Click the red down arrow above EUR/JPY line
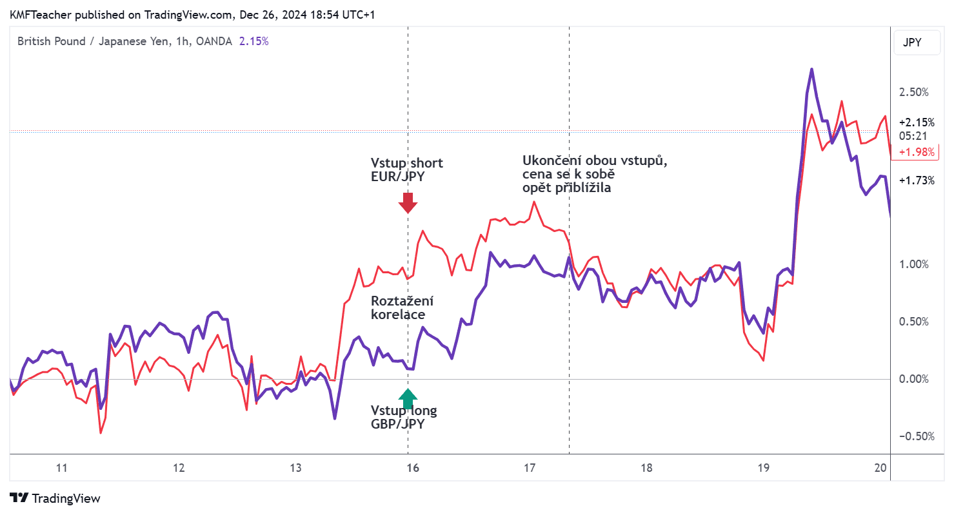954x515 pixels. point(408,204)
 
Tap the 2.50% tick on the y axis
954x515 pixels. point(914,92)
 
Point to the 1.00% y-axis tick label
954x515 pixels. point(914,264)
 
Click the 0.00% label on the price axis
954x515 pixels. point(914,379)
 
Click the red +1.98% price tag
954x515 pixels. point(916,151)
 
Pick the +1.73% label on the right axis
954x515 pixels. point(916,181)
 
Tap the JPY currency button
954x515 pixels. point(912,43)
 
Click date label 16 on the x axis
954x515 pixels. point(413,468)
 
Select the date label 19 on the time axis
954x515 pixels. point(764,468)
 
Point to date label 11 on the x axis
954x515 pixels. point(62,468)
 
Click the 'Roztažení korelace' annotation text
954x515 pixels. point(402,308)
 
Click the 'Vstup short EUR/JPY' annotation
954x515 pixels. point(406,170)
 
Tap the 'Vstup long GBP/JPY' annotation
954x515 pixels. point(403,418)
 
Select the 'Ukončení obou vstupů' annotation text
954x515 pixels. point(594,174)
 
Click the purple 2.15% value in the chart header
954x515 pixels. point(253,41)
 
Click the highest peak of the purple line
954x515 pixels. point(811,69)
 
